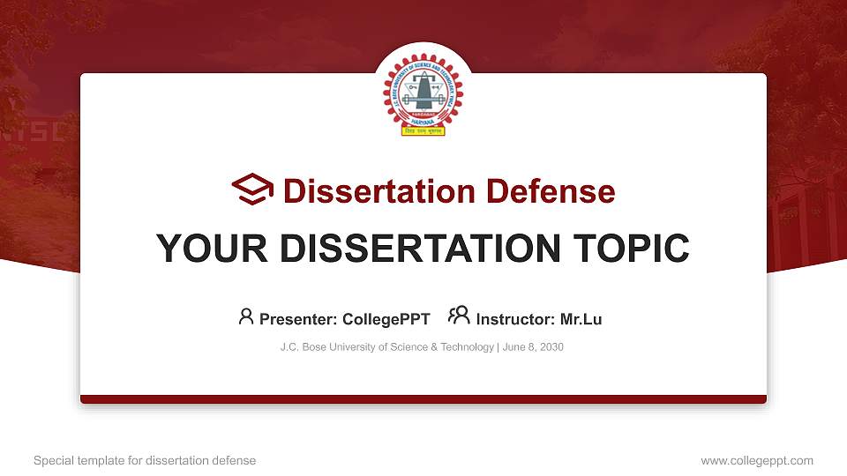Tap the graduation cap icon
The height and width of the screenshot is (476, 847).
252,190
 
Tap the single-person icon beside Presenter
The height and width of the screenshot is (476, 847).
246,316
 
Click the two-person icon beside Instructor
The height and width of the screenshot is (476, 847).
459,316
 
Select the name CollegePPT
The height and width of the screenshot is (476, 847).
386,319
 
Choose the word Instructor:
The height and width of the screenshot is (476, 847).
515,319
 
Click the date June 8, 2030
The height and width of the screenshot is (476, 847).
534,347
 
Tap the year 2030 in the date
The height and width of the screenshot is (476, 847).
551,347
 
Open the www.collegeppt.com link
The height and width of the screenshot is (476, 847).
756,460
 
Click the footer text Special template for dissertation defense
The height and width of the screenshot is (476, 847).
145,460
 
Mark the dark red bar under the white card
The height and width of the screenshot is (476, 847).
423,399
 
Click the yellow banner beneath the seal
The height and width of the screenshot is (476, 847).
423,131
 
